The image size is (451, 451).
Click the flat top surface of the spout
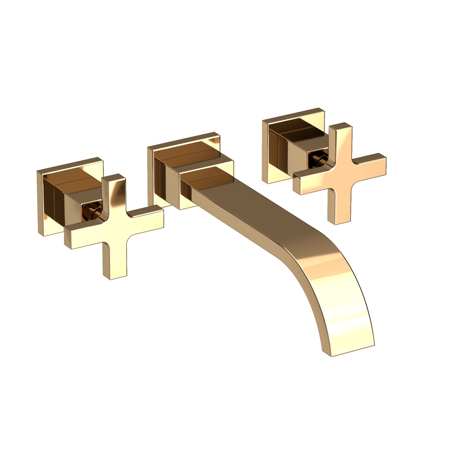[250, 203]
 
